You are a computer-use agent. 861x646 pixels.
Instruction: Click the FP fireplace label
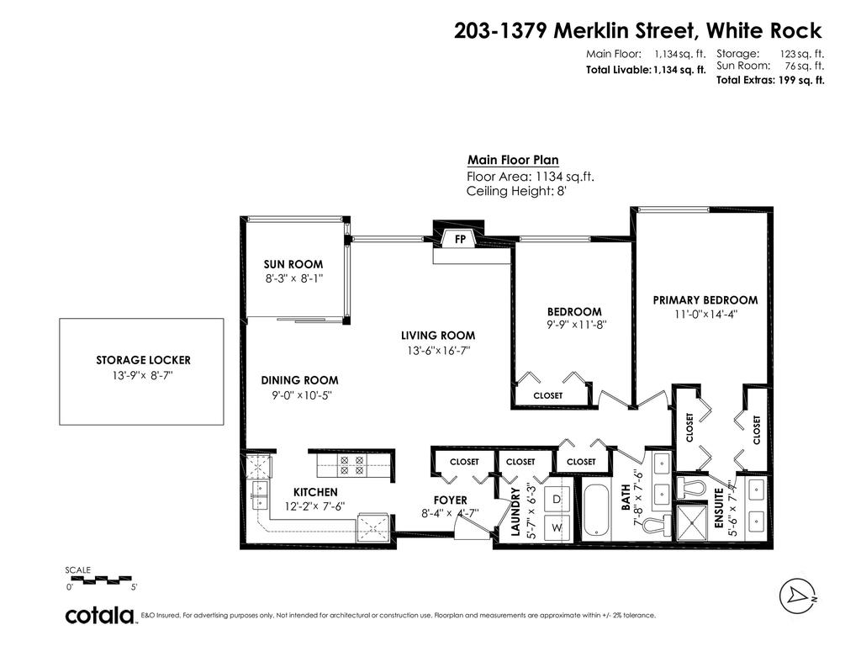460,238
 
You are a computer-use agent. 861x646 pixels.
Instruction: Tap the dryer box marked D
557,498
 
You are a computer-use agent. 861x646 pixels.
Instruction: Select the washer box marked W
557,527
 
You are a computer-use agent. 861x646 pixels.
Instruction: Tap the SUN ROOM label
293,264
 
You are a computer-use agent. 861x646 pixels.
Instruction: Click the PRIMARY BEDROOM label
705,300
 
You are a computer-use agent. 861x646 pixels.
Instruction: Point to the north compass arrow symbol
797,594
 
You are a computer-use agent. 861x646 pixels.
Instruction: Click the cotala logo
101,616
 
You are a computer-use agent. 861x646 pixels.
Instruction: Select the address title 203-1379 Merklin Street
637,31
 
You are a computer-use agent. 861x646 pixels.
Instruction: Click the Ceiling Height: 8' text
518,191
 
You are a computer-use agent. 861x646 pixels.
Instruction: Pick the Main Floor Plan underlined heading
512,161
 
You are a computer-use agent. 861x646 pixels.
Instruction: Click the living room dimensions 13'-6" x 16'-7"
437,350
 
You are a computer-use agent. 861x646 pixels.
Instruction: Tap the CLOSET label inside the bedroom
548,395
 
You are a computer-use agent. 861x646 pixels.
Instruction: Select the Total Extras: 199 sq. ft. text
769,81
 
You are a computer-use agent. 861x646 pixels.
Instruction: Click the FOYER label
450,500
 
